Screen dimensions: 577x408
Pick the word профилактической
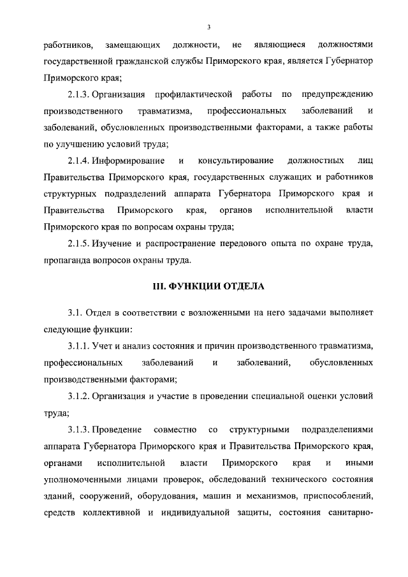(194, 95)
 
